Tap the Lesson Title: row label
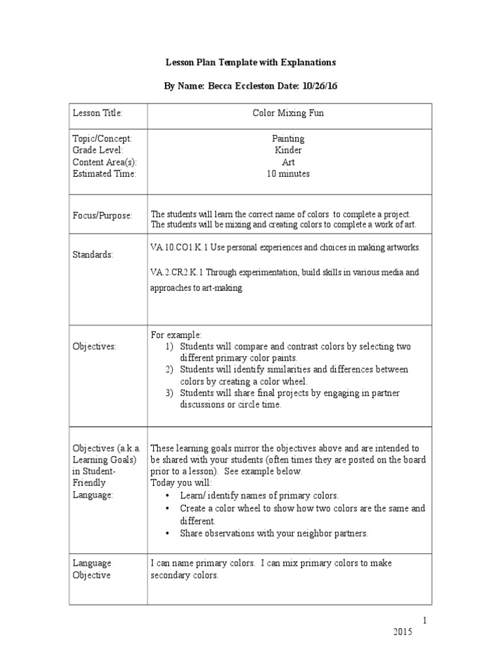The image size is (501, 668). point(97,114)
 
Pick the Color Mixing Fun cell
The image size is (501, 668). point(288,114)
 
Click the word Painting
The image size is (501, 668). point(288,139)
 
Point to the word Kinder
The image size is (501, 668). point(288,151)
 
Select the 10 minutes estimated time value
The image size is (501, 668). point(288,174)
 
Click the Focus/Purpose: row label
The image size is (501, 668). point(102,215)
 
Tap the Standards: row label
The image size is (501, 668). point(93,254)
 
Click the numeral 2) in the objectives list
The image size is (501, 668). point(169,370)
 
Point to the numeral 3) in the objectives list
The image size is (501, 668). point(169,393)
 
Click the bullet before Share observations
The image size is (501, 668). point(168,534)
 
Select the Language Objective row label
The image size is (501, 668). point(92,569)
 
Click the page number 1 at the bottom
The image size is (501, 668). point(423,621)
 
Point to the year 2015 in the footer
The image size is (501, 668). point(403,633)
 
